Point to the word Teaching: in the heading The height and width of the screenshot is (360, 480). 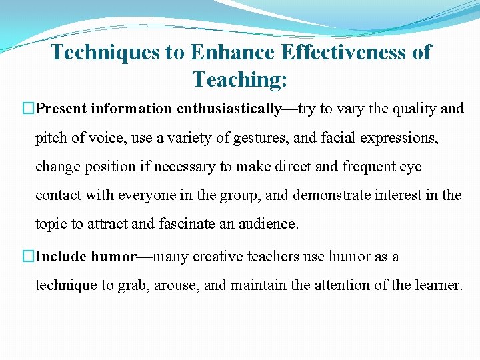tap(240, 80)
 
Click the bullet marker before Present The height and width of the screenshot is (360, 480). tap(28, 109)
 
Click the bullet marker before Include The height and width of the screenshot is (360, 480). tap(28, 257)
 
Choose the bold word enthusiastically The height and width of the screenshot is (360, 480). tap(229, 109)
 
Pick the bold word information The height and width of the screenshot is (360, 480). tap(131, 109)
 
